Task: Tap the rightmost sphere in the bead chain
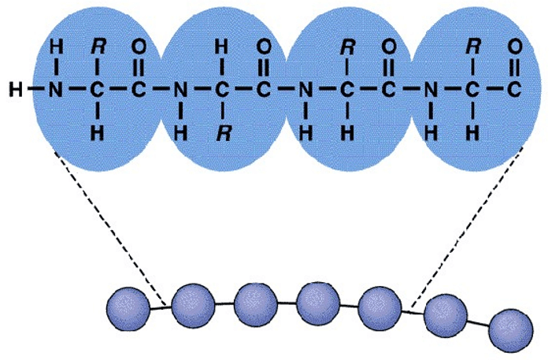(x=508, y=328)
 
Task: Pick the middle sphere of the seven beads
(x=318, y=299)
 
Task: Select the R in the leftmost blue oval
(x=98, y=46)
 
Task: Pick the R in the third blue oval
(x=347, y=46)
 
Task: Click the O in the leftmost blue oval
(x=139, y=46)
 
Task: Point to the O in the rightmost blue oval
(x=514, y=46)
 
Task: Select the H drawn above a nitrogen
(x=54, y=46)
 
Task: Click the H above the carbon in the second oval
(x=223, y=46)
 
